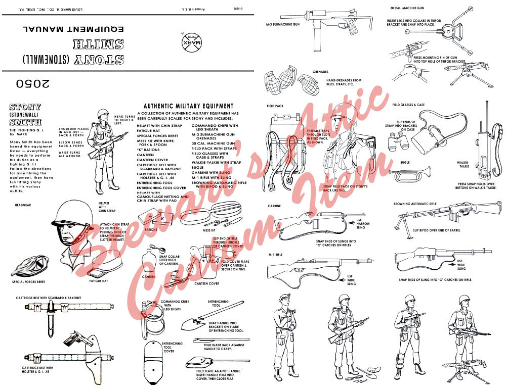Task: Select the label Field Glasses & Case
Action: tap(408, 105)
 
